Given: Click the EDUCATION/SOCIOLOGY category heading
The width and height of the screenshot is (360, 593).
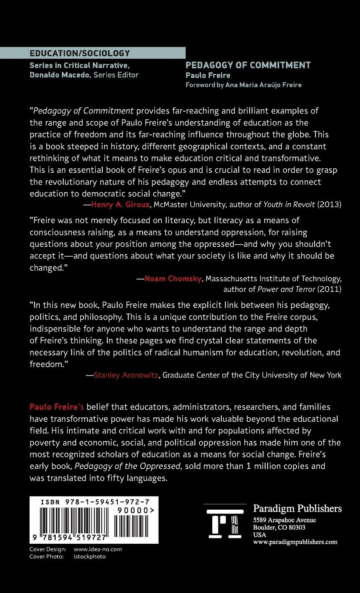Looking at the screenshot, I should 80,53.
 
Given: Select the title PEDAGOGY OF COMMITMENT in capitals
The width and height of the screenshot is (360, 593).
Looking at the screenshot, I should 248,65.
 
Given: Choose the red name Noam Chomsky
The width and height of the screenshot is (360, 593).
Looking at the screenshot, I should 173,279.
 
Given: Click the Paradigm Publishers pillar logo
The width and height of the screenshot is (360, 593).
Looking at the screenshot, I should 224,524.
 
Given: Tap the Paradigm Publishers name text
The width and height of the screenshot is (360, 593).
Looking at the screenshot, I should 297,508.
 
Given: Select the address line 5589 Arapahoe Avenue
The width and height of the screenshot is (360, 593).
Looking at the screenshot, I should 285,520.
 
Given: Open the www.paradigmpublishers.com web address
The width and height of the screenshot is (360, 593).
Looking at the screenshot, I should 295,542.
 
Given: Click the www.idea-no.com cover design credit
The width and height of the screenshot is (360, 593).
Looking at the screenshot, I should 98,549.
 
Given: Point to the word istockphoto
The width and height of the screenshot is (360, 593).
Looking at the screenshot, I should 90,556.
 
